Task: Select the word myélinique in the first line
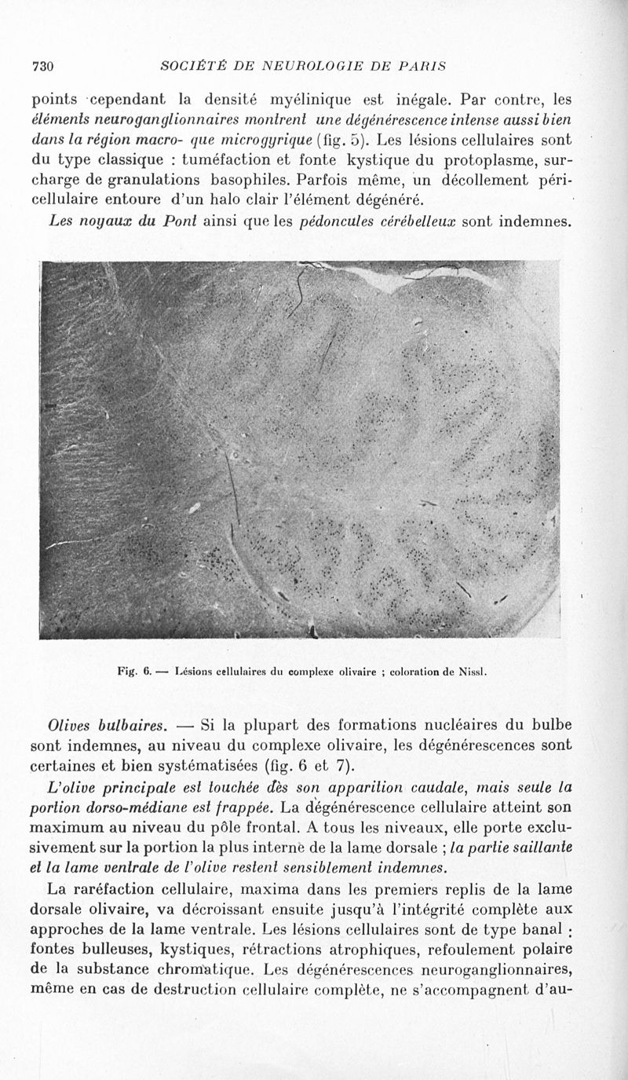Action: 313,100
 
